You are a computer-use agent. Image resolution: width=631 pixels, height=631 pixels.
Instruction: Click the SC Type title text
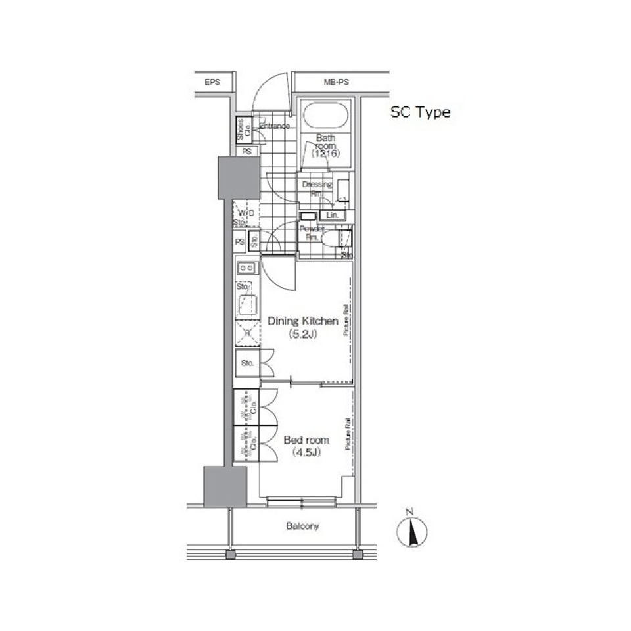click(x=420, y=112)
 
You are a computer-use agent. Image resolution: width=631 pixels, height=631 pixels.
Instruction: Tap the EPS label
click(x=212, y=82)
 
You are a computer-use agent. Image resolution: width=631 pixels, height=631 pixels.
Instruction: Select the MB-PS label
click(x=336, y=82)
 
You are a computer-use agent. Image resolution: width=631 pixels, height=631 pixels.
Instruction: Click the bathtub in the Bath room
click(x=326, y=117)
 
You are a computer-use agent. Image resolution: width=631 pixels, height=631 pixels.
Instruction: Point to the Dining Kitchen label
click(x=303, y=321)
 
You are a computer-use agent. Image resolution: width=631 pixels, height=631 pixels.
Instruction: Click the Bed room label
click(x=306, y=440)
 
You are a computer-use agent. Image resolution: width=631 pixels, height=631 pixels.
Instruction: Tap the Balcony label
click(x=302, y=526)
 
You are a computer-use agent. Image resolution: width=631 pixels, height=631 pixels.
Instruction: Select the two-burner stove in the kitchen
click(x=247, y=268)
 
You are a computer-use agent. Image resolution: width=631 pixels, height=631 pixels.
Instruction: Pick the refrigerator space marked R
click(x=248, y=333)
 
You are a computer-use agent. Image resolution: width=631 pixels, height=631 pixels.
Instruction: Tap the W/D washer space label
click(x=246, y=214)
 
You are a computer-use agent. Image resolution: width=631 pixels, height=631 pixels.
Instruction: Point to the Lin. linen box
click(x=333, y=215)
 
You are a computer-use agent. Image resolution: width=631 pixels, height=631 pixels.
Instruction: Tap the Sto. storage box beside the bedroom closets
click(x=248, y=363)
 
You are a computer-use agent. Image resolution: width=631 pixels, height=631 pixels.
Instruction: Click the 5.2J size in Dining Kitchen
click(x=303, y=334)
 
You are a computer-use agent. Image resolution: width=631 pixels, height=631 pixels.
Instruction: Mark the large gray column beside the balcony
click(x=224, y=486)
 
